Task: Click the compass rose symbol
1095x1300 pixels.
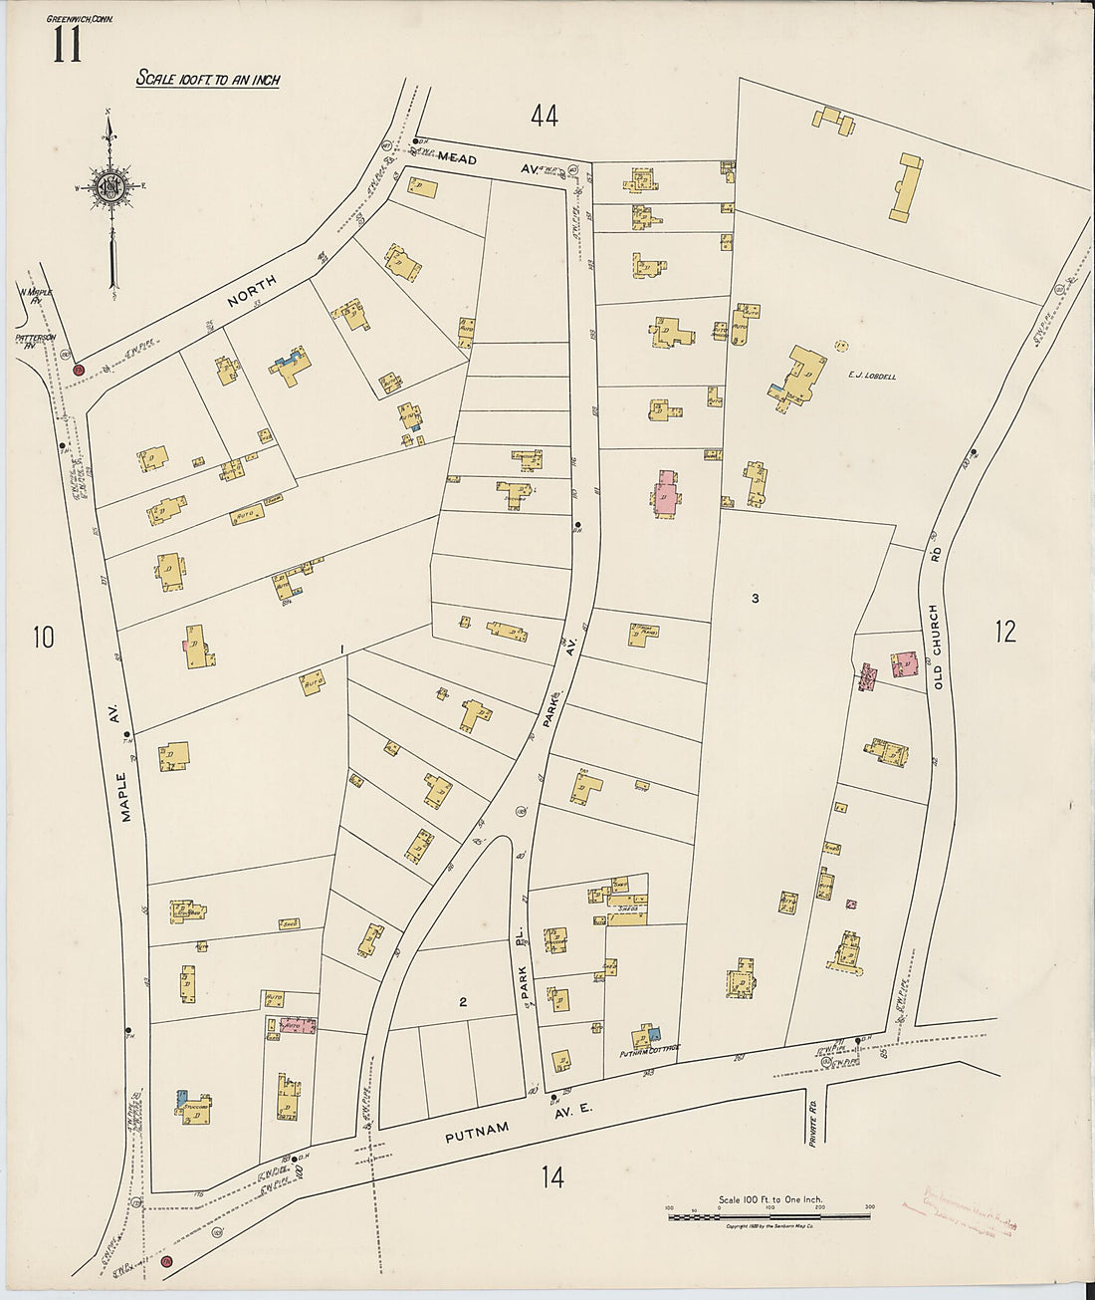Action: point(109,186)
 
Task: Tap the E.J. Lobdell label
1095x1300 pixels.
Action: point(872,376)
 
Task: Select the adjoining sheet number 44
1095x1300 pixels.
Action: point(544,117)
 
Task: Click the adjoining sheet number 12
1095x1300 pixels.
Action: point(1006,631)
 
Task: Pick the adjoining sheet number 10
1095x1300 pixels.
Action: point(42,637)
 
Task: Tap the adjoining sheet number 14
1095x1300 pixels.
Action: point(552,1177)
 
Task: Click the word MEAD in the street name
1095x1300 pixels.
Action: point(458,159)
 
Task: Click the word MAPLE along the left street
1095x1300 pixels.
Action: point(125,796)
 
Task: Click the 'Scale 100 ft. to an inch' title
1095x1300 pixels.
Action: point(208,79)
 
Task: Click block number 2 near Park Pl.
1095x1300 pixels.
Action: point(463,1002)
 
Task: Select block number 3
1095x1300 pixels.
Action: point(756,599)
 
